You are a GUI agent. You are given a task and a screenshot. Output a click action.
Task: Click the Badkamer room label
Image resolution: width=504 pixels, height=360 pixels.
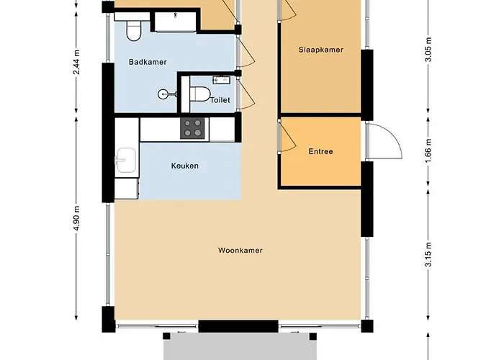[148, 63]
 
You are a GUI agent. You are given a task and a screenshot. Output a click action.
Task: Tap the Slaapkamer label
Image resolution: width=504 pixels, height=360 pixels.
[320, 50]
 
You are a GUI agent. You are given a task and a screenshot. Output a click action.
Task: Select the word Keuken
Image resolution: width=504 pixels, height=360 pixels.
[184, 166]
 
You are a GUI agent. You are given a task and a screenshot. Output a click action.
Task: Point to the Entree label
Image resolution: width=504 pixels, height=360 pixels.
[320, 151]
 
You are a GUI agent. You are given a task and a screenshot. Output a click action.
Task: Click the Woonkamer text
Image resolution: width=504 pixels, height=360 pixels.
[240, 251]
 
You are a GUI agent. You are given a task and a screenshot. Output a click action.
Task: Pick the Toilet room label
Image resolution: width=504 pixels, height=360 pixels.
[220, 100]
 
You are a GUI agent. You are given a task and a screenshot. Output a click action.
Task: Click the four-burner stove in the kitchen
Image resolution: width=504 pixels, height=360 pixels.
[192, 129]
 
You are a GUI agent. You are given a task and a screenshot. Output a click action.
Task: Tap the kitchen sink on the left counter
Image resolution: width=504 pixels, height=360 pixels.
[127, 160]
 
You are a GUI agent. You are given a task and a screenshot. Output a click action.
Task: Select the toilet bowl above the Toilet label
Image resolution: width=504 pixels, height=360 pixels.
[199, 93]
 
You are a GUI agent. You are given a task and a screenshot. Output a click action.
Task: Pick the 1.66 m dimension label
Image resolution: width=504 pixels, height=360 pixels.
[428, 152]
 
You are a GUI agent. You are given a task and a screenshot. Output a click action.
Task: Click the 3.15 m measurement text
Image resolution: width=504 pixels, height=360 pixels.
[428, 256]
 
